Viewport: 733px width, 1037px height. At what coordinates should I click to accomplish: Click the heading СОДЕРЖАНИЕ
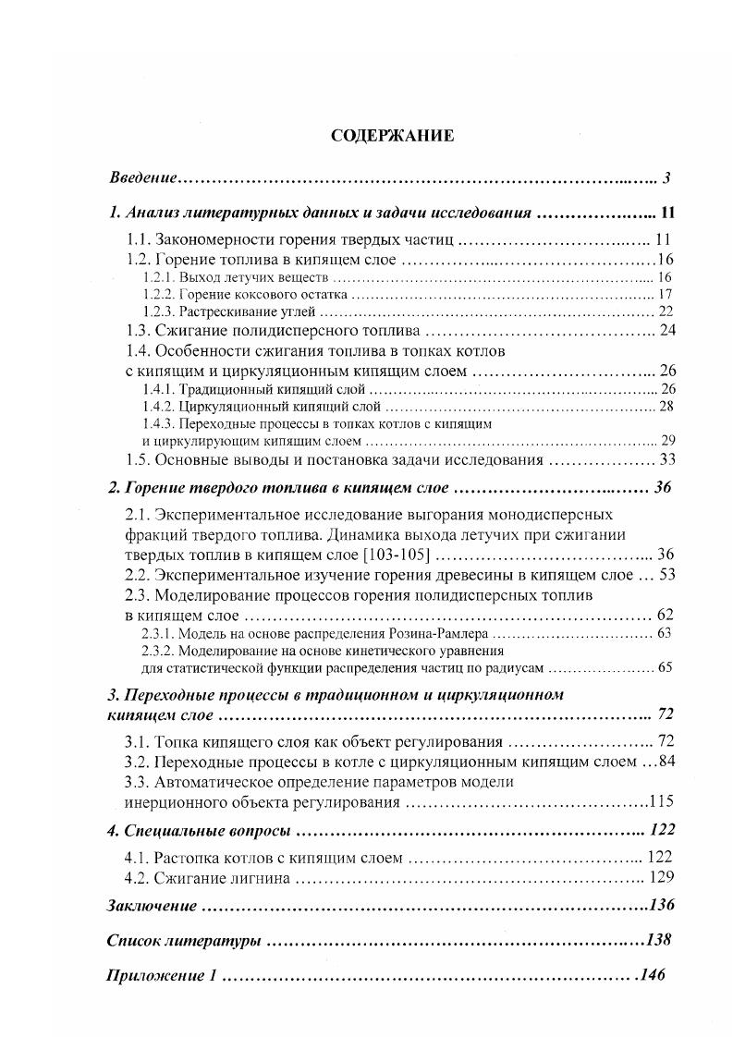coord(392,136)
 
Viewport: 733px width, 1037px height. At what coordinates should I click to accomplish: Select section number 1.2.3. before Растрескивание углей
coord(159,311)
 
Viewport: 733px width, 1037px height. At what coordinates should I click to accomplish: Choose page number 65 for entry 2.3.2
coord(665,668)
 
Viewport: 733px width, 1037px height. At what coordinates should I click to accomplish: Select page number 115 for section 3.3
coord(666,800)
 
